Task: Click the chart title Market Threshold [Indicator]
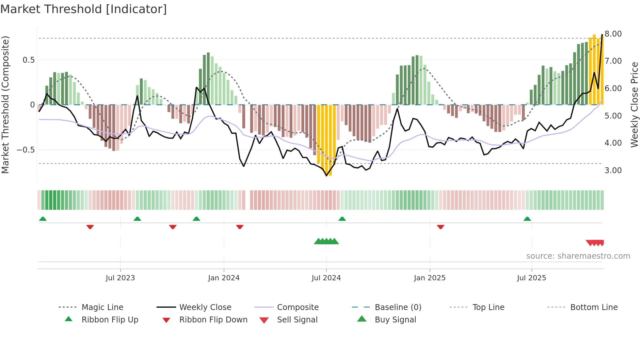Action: [x=84, y=9]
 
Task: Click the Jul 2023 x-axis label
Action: [x=120, y=278]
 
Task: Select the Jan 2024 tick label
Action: [x=224, y=278]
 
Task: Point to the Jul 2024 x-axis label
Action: [x=326, y=278]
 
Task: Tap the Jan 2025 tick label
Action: [x=429, y=278]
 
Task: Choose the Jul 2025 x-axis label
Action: [x=531, y=278]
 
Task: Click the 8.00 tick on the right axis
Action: [x=613, y=34]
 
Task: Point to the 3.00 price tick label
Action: [x=613, y=171]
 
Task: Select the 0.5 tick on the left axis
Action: [x=29, y=60]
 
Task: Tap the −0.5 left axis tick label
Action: [x=26, y=150]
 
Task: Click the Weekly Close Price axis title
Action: [x=634, y=105]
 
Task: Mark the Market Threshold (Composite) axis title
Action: [x=5, y=105]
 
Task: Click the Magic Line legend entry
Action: [x=102, y=307]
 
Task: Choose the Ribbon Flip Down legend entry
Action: [x=213, y=320]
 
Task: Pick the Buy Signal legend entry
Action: [x=395, y=320]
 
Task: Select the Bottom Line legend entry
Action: [x=594, y=307]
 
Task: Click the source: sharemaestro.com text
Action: [x=578, y=256]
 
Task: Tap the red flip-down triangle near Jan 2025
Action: [x=440, y=227]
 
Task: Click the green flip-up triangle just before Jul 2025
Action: [x=527, y=219]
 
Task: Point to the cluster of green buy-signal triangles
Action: [x=326, y=241]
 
